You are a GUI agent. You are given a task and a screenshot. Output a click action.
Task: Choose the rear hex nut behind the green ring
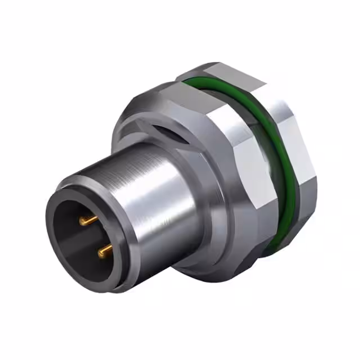coord(301,163)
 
